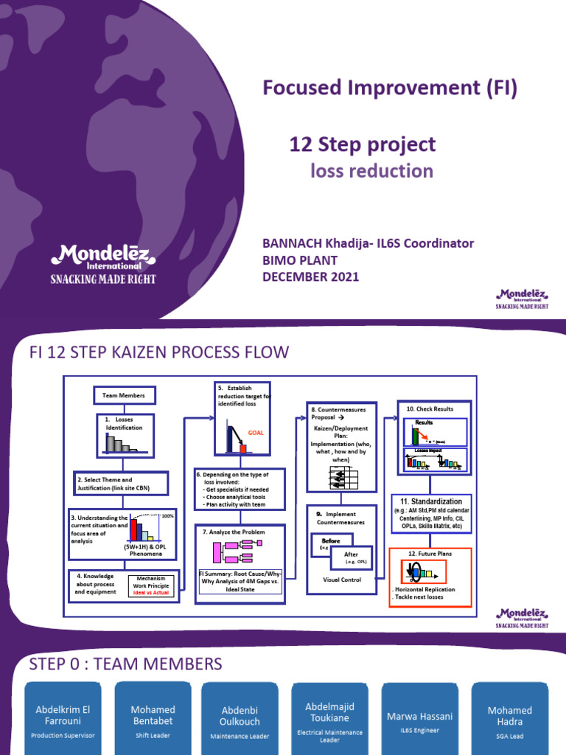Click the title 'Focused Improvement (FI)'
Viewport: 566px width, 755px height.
pos(390,88)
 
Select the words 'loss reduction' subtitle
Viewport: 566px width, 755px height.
pos(371,171)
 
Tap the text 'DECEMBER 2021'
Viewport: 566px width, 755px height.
pos(310,276)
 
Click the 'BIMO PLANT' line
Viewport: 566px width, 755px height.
pos(300,260)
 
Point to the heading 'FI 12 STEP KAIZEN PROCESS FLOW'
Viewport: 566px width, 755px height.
pos(158,352)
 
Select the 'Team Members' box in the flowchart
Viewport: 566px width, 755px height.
pos(123,396)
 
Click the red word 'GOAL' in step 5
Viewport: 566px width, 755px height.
pos(255,434)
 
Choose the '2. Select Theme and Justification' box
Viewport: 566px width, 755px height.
pos(121,484)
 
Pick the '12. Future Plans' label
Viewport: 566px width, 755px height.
pos(430,553)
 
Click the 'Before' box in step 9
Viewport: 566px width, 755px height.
pos(331,540)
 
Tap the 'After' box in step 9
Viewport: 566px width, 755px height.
pos(352,554)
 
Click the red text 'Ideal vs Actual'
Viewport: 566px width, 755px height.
pos(151,593)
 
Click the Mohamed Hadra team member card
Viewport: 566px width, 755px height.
pos(510,719)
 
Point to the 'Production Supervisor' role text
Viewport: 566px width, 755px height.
pos(63,735)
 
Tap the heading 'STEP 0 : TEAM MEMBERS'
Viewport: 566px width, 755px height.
pos(125,664)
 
